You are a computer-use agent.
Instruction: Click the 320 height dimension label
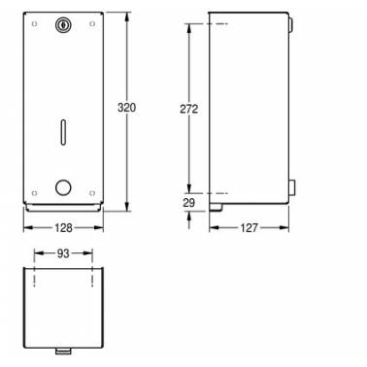(x=126, y=108)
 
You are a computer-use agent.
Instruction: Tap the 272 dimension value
(x=189, y=109)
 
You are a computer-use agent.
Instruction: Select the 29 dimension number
(x=189, y=203)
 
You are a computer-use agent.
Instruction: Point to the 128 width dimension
(x=63, y=228)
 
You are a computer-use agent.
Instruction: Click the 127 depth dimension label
(x=249, y=228)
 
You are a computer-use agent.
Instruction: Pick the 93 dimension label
(x=63, y=253)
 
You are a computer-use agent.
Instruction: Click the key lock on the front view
(x=62, y=24)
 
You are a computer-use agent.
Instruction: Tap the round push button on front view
(x=63, y=188)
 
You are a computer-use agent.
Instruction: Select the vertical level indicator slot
(x=63, y=131)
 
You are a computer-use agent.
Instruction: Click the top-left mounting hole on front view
(x=34, y=23)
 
